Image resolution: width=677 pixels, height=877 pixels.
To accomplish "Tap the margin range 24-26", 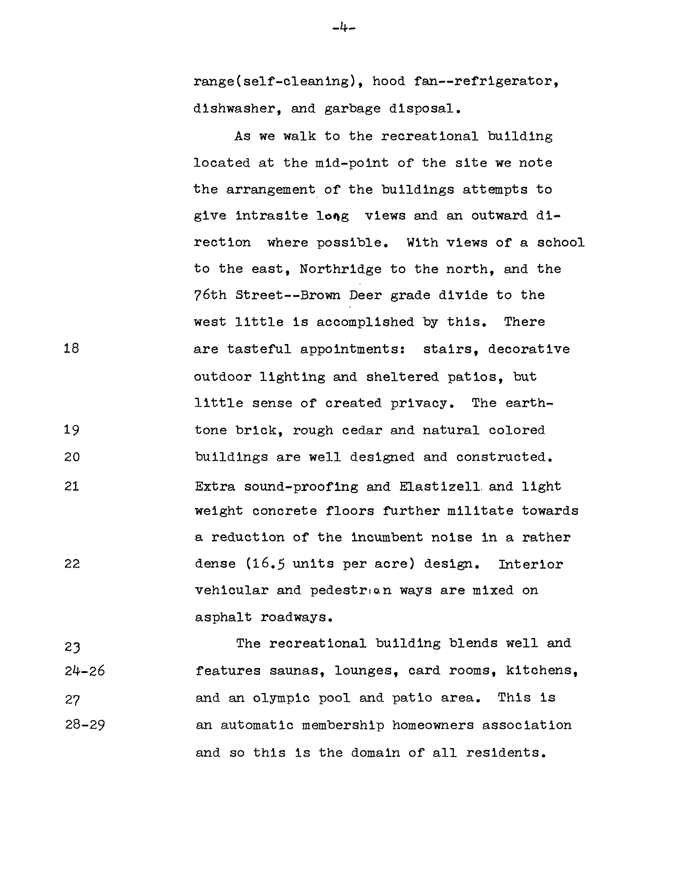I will click(x=85, y=671).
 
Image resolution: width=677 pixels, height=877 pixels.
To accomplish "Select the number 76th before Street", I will click(x=210, y=295).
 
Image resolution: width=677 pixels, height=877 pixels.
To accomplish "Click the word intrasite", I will click(x=272, y=216).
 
